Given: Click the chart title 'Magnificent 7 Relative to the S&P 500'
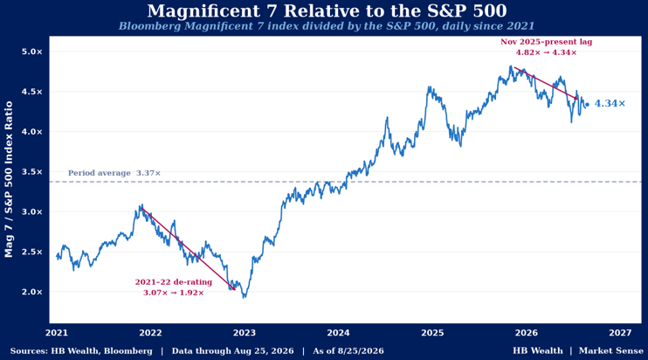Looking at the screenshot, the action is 327,10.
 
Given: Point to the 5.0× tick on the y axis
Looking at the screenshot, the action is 32,52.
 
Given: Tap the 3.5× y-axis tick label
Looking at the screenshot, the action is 32,172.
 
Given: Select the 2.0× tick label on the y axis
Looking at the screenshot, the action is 32,292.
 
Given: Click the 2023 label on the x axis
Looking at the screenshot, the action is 245,333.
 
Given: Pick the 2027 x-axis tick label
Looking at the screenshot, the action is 620,333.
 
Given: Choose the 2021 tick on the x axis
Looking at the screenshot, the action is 57,333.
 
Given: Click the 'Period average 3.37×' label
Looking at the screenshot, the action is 114,173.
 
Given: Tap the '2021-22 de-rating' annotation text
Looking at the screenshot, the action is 174,282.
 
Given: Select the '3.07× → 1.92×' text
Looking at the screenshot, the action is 174,293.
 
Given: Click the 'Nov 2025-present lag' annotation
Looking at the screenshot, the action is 547,42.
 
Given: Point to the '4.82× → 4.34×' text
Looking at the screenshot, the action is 547,52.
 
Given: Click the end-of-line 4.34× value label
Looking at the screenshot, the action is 610,103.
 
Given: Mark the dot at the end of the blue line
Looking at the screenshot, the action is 587,105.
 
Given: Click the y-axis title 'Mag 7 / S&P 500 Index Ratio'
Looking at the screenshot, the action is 9,179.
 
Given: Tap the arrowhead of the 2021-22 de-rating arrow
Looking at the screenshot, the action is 234,288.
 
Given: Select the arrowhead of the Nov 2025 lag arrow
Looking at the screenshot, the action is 576,98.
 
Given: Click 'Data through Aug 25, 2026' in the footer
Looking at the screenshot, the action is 232,351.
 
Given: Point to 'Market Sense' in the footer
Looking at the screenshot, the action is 611,351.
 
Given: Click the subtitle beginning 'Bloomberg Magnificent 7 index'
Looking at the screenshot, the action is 327,26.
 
